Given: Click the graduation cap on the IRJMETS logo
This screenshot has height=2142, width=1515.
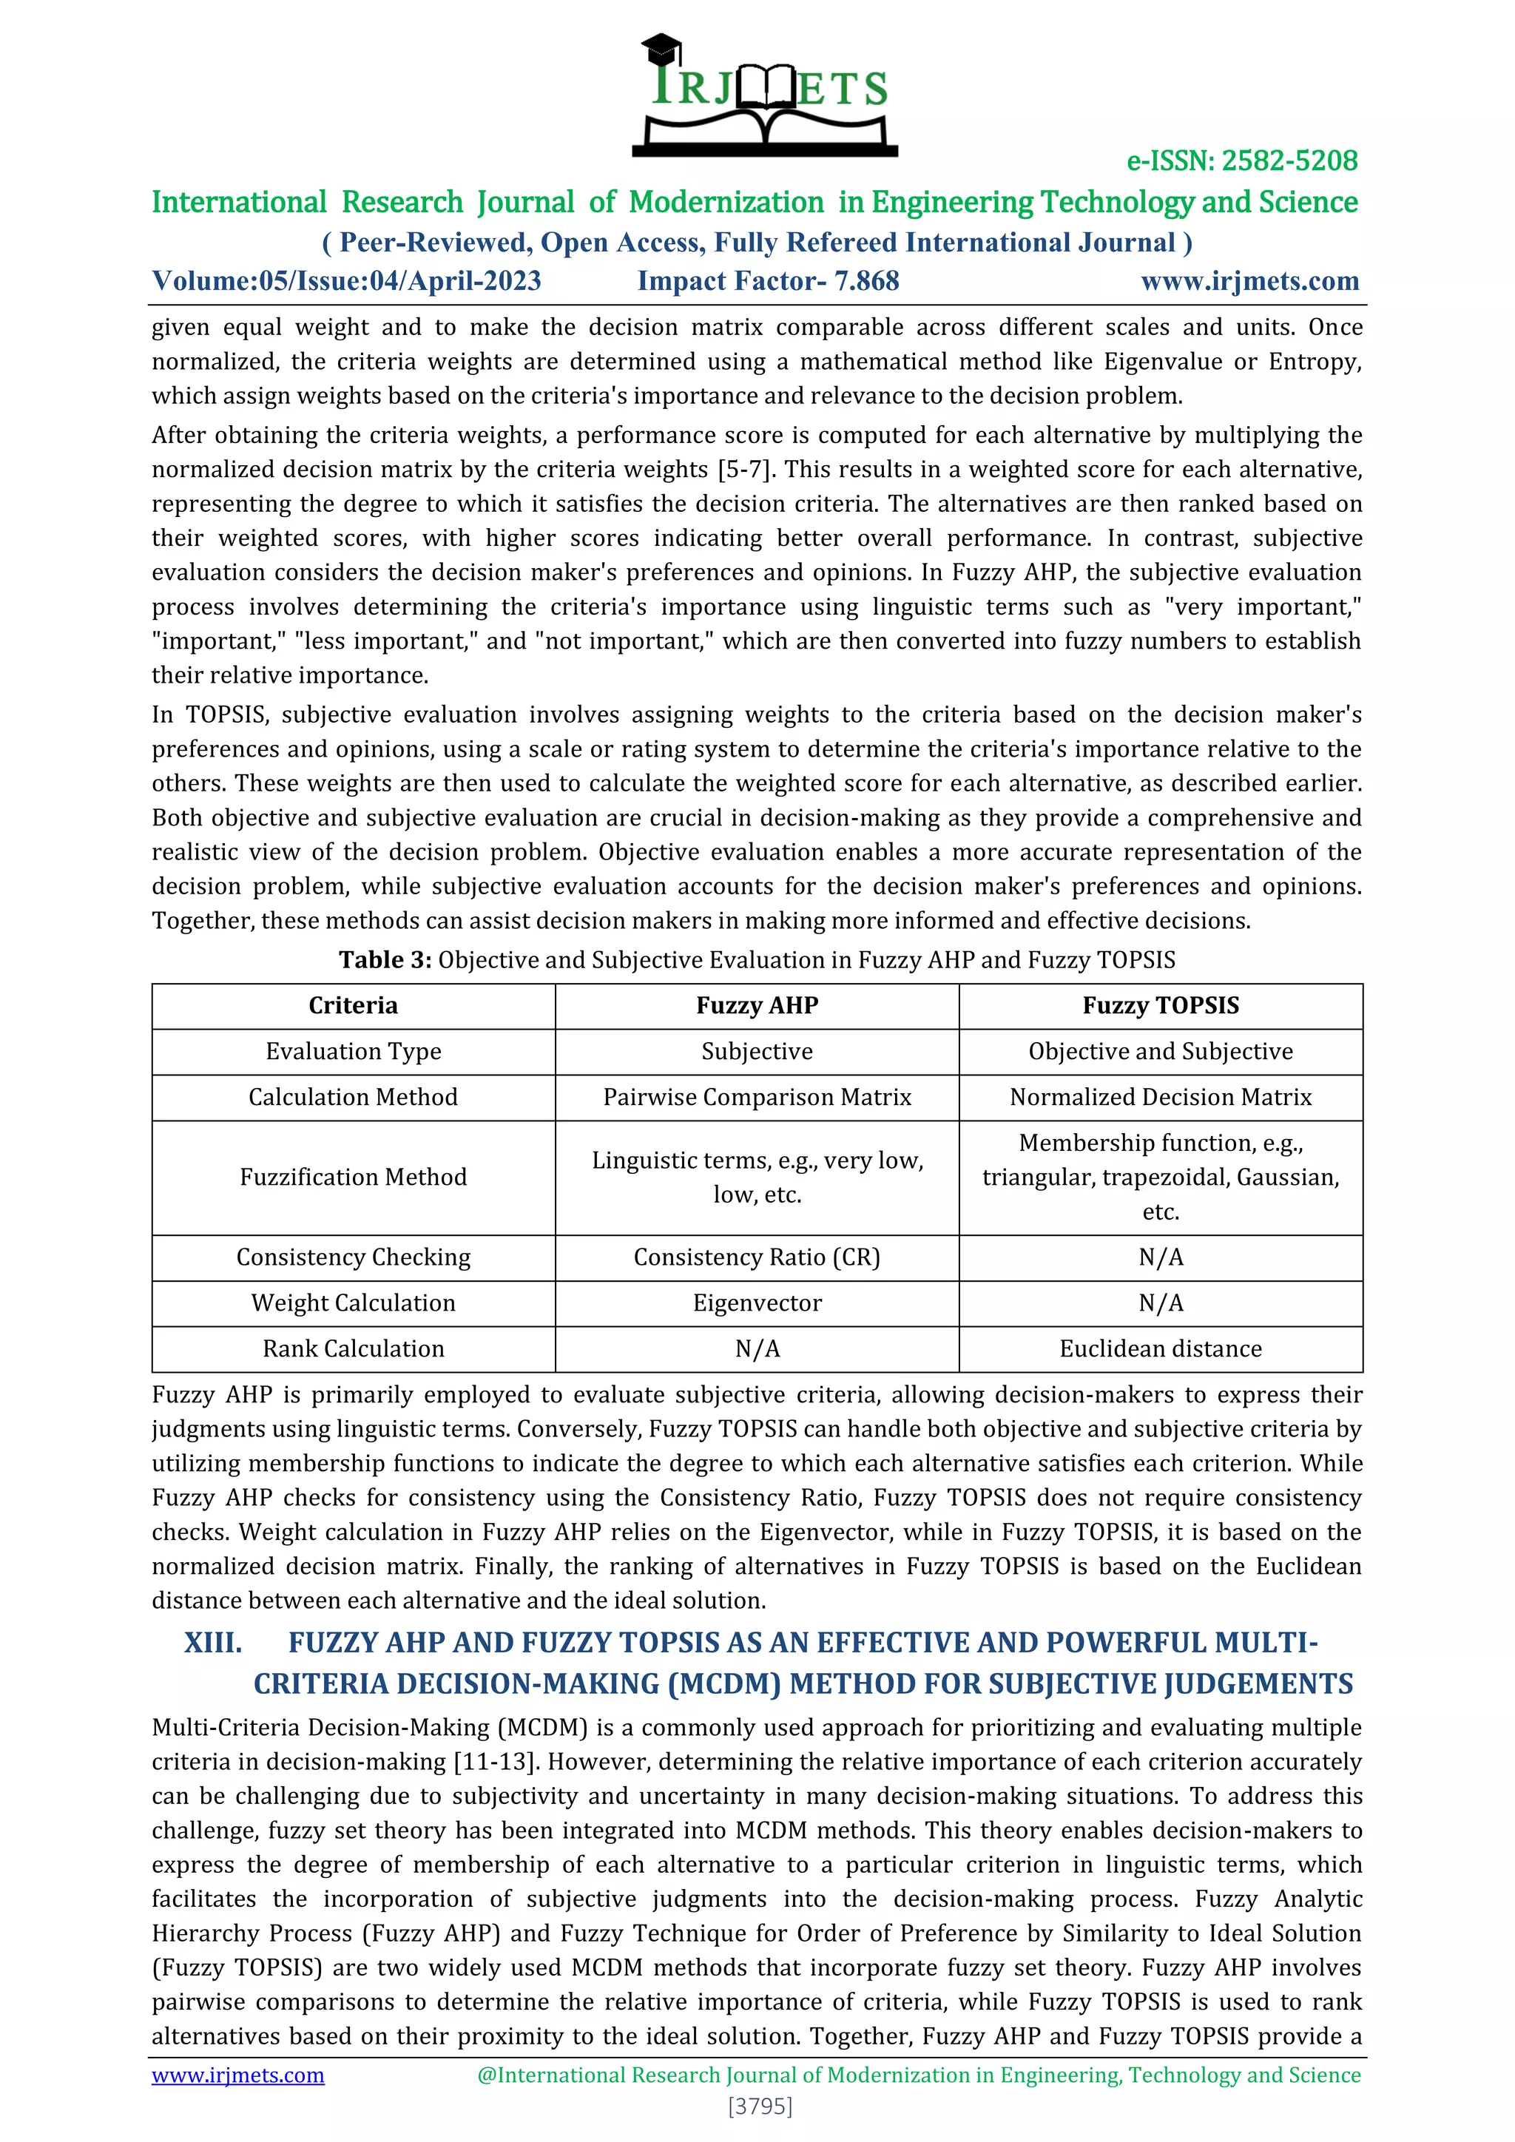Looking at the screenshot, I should [x=661, y=47].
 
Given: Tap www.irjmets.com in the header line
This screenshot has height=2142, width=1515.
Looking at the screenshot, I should [x=1249, y=281].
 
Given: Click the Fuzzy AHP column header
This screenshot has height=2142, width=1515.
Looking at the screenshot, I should [x=757, y=1006].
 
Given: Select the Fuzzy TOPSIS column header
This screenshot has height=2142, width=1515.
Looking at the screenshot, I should [x=1160, y=1006].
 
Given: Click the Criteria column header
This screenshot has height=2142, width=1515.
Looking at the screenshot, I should [x=353, y=1006].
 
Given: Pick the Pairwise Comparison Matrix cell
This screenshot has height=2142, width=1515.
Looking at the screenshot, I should [x=757, y=1097].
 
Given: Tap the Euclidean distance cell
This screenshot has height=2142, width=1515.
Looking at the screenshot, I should [x=1160, y=1349].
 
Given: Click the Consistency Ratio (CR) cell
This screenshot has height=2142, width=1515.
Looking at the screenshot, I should [x=757, y=1257].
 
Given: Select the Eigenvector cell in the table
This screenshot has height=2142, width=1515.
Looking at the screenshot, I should [x=757, y=1303].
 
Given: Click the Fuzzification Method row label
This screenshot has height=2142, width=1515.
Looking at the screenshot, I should [x=353, y=1178].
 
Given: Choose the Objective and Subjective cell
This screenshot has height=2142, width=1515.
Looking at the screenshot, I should [x=1160, y=1052].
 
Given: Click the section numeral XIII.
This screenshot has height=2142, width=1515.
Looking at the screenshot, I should [x=213, y=1643].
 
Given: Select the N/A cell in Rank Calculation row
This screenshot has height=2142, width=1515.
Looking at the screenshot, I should [x=757, y=1349].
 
